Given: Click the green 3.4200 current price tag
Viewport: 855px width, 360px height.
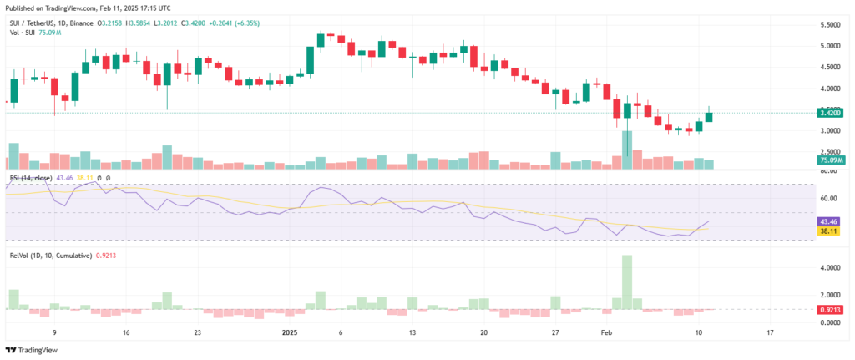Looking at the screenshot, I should point(829,112).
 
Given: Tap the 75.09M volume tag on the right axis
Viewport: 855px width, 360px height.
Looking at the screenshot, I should point(829,160).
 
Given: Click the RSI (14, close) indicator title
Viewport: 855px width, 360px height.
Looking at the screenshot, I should point(31,178).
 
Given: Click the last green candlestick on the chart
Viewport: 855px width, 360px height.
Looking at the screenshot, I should point(709,116).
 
